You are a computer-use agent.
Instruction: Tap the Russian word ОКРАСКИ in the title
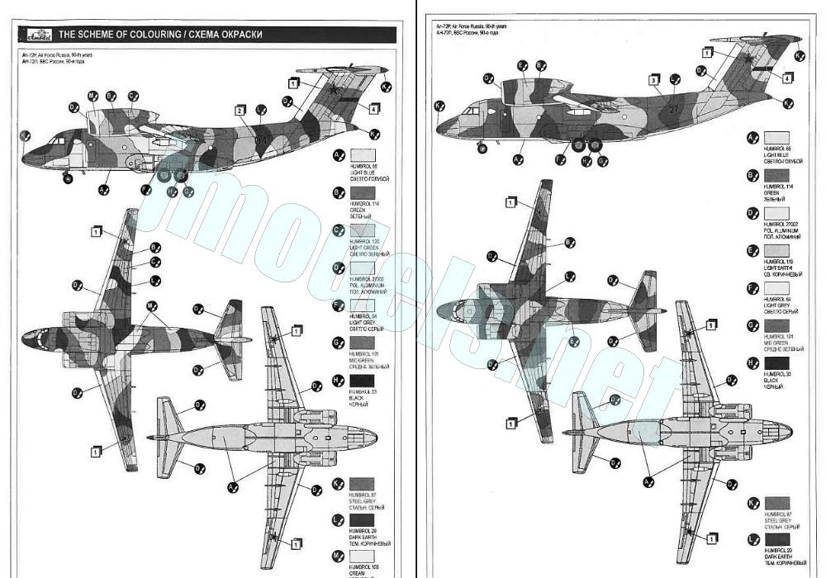239,34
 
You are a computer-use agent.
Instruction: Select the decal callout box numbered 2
240,111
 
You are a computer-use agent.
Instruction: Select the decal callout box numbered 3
653,80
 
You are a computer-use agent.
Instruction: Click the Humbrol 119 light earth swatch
776,249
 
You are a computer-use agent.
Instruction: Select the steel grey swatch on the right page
776,503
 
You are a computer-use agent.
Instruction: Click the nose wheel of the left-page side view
68,178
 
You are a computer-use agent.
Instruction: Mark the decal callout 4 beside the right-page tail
788,78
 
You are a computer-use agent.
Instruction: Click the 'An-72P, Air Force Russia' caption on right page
471,26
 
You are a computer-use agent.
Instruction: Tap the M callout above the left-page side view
92,96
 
